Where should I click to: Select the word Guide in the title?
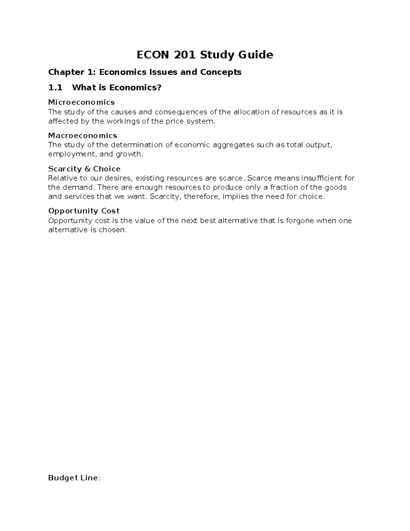pyautogui.click(x=256, y=55)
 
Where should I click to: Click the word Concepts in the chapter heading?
pyautogui.click(x=221, y=72)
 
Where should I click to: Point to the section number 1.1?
pyautogui.click(x=55, y=88)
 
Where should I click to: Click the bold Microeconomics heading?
pyautogui.click(x=81, y=102)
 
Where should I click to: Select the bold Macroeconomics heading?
pyautogui.click(x=83, y=135)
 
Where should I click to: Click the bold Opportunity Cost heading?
pyautogui.click(x=84, y=211)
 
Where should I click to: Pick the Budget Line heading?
pyautogui.click(x=73, y=478)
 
